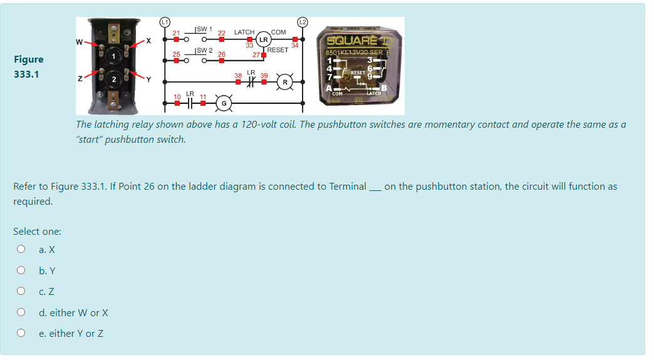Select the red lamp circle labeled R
click(285, 82)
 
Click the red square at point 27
click(263, 54)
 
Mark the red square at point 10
click(177, 102)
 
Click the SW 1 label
click(205, 29)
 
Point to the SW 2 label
click(205, 50)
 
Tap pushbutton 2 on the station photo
click(115, 81)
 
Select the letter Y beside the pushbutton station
click(148, 80)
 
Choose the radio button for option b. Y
click(21, 270)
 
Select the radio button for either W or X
click(21, 312)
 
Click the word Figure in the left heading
click(29, 59)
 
